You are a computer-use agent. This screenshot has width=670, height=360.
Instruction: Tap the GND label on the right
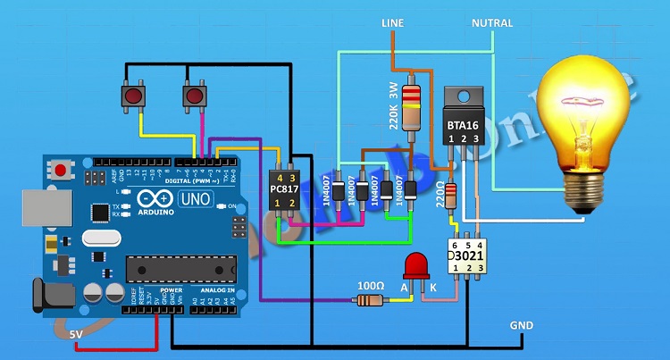coord(521,325)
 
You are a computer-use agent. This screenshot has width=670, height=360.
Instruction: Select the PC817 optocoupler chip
coord(282,189)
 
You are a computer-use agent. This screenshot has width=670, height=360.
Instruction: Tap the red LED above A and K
coord(415,266)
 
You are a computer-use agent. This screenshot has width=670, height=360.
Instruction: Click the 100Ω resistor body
coord(368,300)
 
